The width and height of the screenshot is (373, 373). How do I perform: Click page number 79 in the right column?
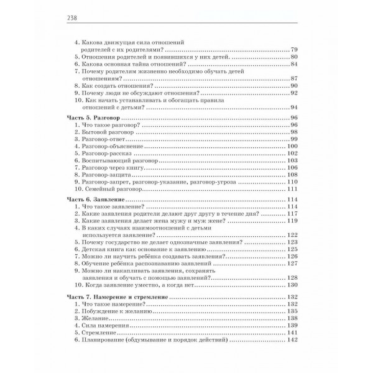pyautogui.click(x=295, y=48)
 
